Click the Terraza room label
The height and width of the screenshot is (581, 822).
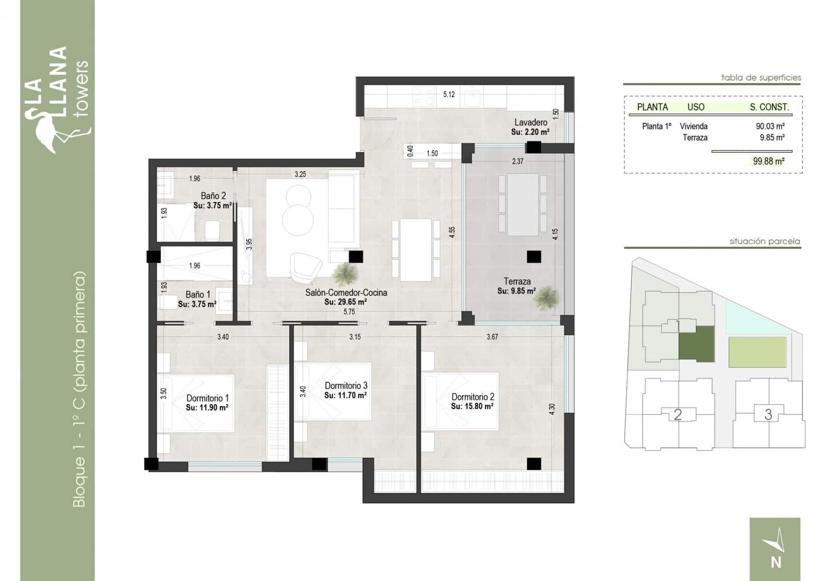[x=517, y=281]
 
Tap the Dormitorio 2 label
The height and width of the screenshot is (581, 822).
[x=473, y=397]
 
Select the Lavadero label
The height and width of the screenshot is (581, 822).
[x=531, y=122]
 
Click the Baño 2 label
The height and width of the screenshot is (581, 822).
[x=213, y=196]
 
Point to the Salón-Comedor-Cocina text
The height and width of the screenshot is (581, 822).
[x=346, y=293]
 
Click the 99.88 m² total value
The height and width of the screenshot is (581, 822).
[x=769, y=161]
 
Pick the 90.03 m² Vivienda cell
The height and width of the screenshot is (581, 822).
[x=770, y=126]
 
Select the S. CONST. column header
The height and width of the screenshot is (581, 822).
[x=769, y=107]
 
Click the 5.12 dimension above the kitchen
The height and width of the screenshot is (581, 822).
[x=449, y=94]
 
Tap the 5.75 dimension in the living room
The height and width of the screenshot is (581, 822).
[x=349, y=312]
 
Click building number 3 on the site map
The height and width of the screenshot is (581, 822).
[x=768, y=414]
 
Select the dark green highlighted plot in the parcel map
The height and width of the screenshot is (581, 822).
[x=696, y=343]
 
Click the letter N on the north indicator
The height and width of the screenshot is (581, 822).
[x=776, y=562]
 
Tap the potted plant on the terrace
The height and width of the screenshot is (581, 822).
[x=546, y=298]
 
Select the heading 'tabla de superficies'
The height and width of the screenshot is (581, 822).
[x=761, y=78]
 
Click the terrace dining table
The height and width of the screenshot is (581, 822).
[x=522, y=205]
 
